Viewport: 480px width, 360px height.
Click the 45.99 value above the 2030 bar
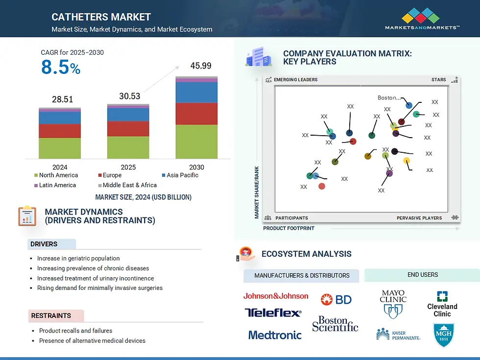(200, 66)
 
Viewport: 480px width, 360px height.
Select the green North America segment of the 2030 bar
(196, 142)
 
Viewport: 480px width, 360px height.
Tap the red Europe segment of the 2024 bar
(60, 131)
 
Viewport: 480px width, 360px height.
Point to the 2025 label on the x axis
(128, 167)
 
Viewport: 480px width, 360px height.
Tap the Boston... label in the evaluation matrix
(388, 98)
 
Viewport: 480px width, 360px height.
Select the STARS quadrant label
(438, 80)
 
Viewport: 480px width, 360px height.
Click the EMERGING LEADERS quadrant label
(295, 80)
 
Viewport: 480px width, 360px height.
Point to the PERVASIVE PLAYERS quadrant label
(419, 218)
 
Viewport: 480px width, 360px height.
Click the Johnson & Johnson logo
(276, 296)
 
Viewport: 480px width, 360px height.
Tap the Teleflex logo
(273, 312)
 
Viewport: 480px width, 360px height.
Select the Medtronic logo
(275, 335)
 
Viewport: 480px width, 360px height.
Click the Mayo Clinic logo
(393, 304)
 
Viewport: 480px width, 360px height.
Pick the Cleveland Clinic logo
(442, 304)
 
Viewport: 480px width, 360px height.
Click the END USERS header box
(422, 275)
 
